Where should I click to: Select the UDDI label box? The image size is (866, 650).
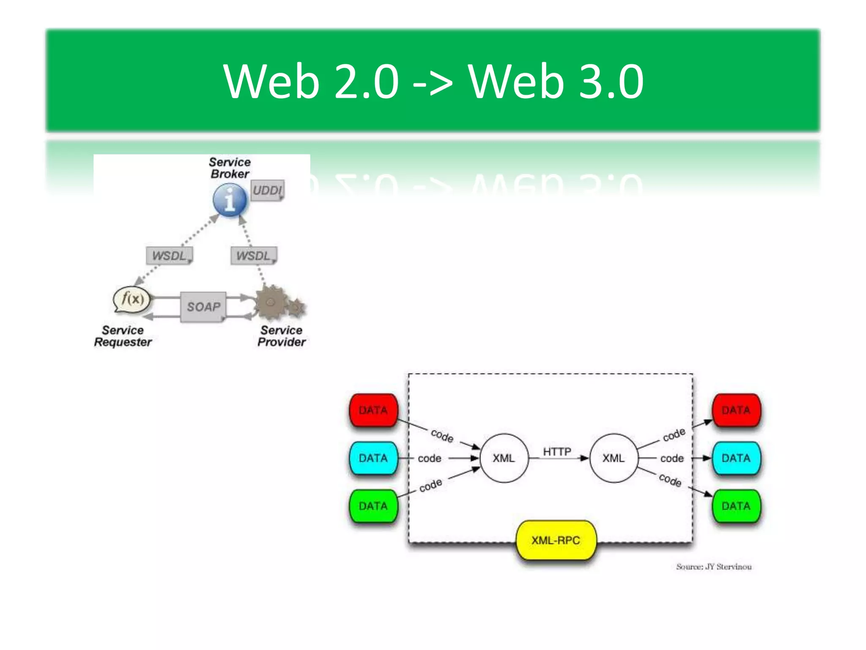pos(267,190)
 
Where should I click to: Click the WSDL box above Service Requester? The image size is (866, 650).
pos(169,256)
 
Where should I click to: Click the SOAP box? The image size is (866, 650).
pos(203,307)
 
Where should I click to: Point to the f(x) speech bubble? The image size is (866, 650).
pos(132,300)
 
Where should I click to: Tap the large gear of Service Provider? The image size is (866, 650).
pos(271,302)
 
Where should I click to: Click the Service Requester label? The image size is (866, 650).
pos(123,336)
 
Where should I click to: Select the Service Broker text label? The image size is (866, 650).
pos(230,168)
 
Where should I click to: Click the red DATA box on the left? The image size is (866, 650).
pos(373,410)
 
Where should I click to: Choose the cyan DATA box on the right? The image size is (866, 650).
pos(736,458)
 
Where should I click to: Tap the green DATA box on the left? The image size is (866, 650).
pos(373,506)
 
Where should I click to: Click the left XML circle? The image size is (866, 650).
pos(504,458)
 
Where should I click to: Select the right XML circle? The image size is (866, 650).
pos(613,458)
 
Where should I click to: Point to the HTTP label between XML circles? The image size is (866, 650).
pos(557,452)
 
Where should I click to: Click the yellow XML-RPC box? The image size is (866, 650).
pos(556,540)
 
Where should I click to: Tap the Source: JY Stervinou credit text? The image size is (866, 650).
pos(714,567)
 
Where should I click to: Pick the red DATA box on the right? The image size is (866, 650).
pos(736,410)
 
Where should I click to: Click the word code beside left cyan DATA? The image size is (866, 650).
pos(429,458)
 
